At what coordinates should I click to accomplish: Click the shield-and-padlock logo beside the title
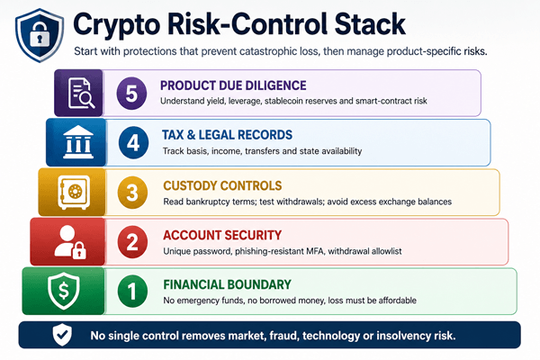[40, 35]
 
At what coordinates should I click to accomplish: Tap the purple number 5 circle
[131, 94]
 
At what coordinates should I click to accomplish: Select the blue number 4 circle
[133, 142]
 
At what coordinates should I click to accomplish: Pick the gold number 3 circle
[132, 193]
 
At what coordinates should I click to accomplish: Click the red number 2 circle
[132, 242]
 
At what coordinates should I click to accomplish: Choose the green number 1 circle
[132, 291]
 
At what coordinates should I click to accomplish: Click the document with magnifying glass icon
[81, 94]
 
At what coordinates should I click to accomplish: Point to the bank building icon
[78, 142]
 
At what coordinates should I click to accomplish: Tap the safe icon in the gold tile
[74, 193]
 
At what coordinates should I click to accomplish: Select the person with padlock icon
[70, 242]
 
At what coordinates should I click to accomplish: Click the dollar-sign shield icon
[64, 291]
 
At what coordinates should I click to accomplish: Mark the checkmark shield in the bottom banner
[62, 335]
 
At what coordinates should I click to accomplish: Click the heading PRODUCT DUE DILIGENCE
[233, 85]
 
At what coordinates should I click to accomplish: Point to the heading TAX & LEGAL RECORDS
[228, 135]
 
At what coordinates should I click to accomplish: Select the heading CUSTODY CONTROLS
[222, 185]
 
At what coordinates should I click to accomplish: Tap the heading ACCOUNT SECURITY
[222, 235]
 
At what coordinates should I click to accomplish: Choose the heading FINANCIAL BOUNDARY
[228, 284]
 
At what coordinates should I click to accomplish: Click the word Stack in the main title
[370, 23]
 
